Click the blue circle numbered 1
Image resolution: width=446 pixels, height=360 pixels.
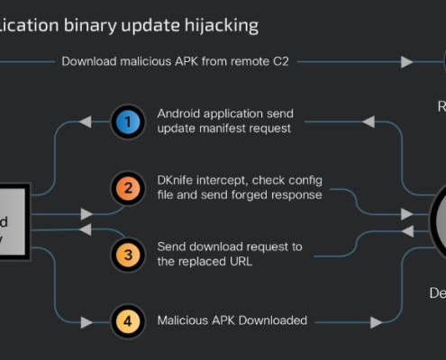pyautogui.click(x=128, y=121)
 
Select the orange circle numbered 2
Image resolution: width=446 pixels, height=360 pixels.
pyautogui.click(x=128, y=188)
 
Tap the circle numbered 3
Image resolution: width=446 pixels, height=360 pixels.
pyautogui.click(x=128, y=255)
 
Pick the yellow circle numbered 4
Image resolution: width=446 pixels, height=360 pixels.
pyautogui.click(x=128, y=321)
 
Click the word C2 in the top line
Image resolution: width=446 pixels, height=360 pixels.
pyautogui.click(x=287, y=61)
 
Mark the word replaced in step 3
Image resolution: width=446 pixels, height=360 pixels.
pyautogui.click(x=204, y=262)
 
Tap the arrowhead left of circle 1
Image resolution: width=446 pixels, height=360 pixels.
pyautogui.click(x=86, y=121)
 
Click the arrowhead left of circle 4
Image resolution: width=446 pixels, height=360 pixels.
pyautogui.click(x=86, y=321)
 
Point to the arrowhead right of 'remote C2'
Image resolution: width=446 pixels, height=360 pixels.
pyautogui.click(x=407, y=61)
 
